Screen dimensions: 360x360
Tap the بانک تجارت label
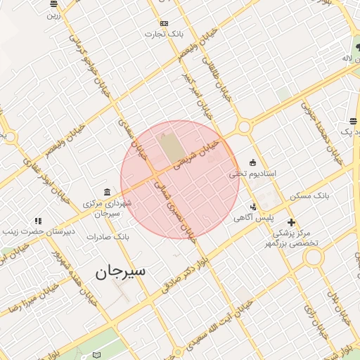pos(165,33)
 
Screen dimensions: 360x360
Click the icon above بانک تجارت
pos(165,22)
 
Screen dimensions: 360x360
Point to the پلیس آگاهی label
pos(254,218)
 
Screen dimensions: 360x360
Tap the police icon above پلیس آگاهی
pos(253,207)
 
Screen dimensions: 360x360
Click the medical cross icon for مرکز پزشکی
pos(292,222)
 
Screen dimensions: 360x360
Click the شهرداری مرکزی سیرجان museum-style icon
pos(106,192)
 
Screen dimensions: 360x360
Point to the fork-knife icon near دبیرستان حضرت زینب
pos(37,221)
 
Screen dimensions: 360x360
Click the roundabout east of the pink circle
pos(244,127)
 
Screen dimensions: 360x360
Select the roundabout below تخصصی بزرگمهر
pos(314,257)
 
